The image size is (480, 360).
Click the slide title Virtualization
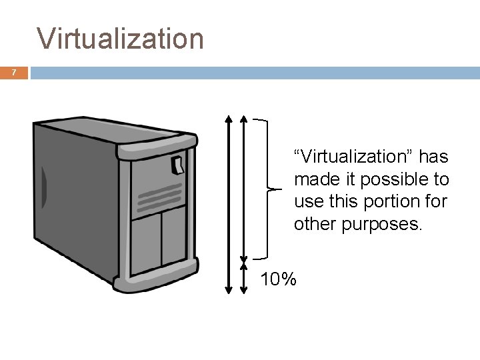point(121,39)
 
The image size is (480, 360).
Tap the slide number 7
point(13,73)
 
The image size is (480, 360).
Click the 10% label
point(279,279)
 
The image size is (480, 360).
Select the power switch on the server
point(178,164)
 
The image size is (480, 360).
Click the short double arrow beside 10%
point(244,275)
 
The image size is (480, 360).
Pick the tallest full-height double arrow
point(228,203)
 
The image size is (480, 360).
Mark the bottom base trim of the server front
point(157,281)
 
